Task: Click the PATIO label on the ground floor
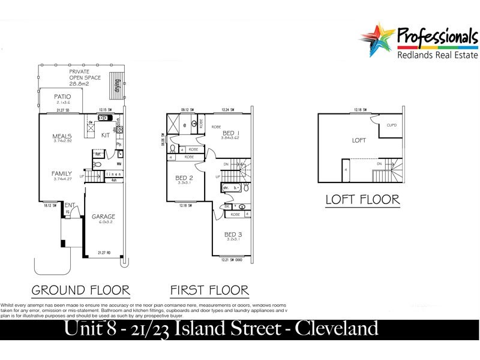(x=62, y=96)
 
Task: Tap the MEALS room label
(x=62, y=136)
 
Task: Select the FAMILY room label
(x=62, y=173)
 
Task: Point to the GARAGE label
(x=103, y=217)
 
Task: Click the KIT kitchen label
(x=105, y=136)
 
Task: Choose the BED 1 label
(x=231, y=133)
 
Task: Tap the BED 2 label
(x=184, y=178)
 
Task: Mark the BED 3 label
(x=233, y=234)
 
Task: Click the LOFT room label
(x=359, y=140)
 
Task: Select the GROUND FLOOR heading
(x=80, y=290)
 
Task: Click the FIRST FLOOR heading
(x=209, y=290)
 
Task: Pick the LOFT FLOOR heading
(x=362, y=200)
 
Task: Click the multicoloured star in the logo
(x=376, y=39)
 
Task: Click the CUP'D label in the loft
(x=392, y=125)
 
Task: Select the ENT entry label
(x=70, y=205)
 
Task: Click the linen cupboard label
(x=113, y=174)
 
